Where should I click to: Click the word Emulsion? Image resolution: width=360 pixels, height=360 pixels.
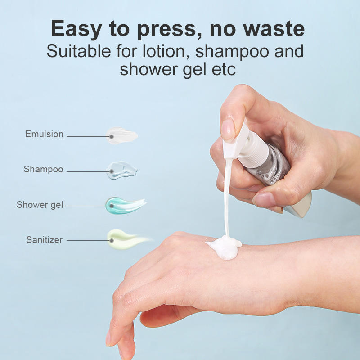44,134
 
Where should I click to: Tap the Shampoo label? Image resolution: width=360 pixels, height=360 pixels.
43,170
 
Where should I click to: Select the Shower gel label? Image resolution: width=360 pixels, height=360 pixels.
40,205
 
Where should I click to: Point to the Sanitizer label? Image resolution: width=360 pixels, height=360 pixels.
44,240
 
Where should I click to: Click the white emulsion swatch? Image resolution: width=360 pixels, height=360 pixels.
121,136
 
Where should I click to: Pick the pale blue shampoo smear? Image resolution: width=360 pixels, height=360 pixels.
121,171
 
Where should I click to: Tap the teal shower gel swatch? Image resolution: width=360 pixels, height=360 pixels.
125,205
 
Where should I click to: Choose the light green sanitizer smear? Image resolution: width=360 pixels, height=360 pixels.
127,239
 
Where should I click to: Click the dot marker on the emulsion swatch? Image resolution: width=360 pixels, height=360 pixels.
112,137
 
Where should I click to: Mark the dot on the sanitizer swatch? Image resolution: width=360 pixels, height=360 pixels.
112,241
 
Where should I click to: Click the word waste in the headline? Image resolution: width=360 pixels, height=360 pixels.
274,29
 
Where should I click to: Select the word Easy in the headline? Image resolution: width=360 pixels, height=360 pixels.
76,29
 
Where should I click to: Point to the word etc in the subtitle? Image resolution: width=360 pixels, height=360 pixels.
223,69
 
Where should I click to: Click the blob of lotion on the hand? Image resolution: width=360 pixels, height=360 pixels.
224,247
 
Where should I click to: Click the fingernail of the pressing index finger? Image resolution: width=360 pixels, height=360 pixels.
228,130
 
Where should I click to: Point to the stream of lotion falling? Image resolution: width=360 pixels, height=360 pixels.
227,198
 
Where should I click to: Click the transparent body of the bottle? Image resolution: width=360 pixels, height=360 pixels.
271,165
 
